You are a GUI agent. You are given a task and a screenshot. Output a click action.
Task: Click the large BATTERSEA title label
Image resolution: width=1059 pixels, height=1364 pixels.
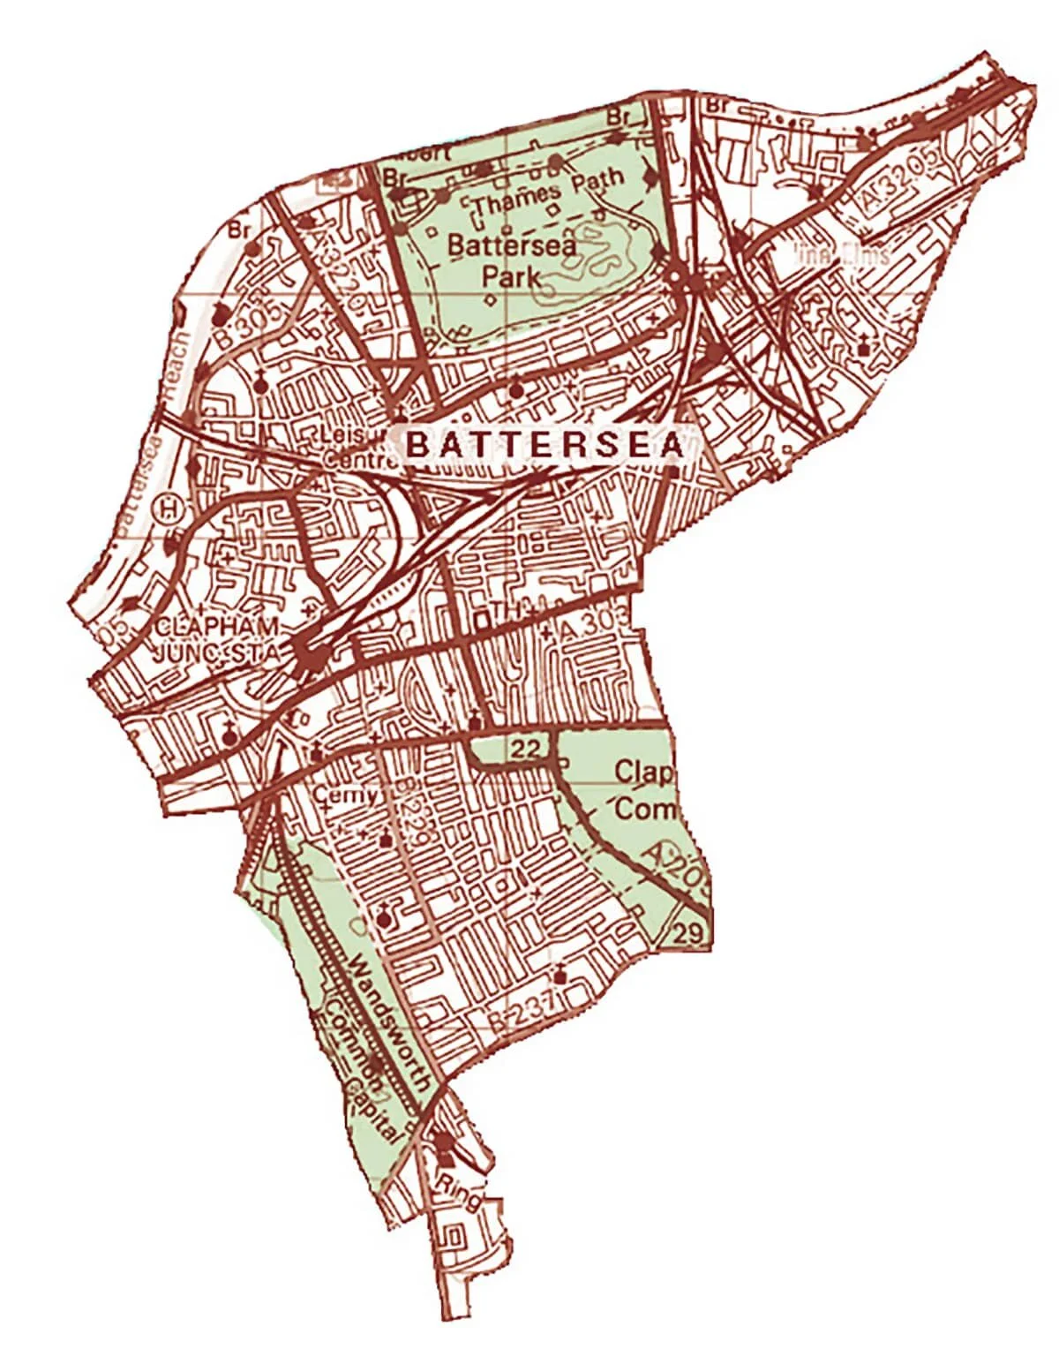545,445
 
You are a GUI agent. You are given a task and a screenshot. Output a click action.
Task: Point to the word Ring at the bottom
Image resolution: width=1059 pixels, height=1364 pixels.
459,1192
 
